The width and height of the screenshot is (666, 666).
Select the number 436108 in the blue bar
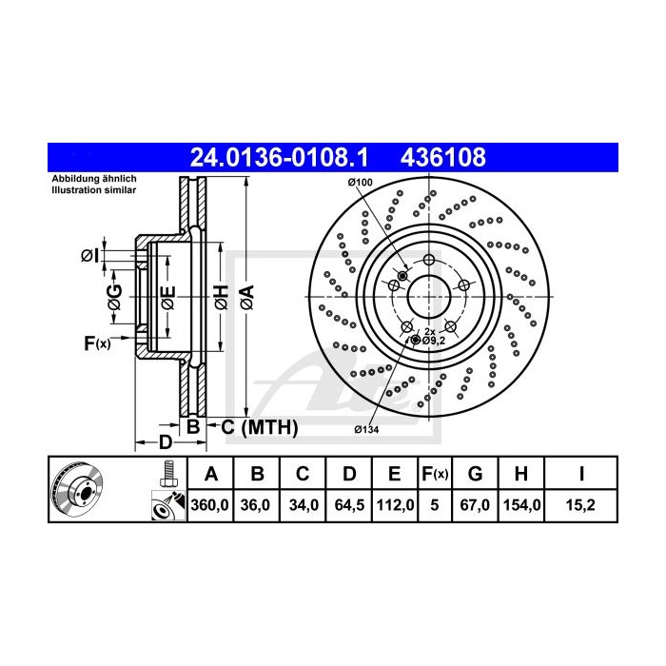[x=446, y=156]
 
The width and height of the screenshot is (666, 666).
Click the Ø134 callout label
[x=367, y=431]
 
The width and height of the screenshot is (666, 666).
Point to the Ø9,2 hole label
[x=434, y=340]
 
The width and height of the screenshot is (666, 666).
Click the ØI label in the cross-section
[x=88, y=256]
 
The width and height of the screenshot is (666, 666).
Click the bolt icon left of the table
[x=167, y=472]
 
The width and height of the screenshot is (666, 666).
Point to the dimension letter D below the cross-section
[x=165, y=442]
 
